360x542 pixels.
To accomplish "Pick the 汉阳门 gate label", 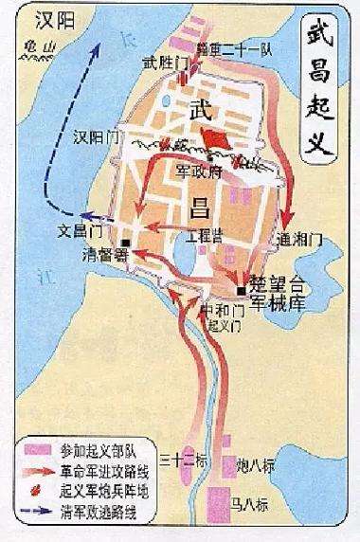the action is (x=98, y=137).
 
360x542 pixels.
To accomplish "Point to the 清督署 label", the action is (x=104, y=254).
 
